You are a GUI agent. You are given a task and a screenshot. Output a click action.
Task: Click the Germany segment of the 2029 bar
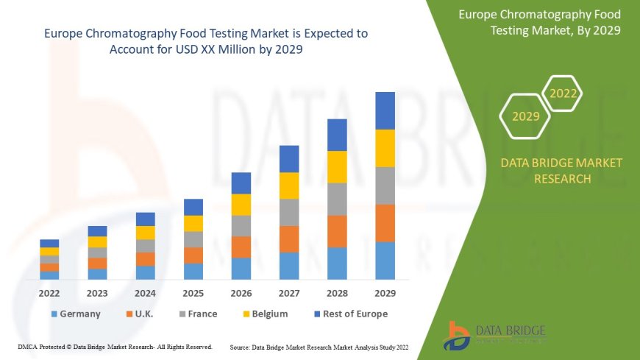[385, 261]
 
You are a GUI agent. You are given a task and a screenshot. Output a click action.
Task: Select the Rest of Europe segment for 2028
[337, 135]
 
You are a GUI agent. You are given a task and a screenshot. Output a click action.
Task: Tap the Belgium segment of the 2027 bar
[289, 186]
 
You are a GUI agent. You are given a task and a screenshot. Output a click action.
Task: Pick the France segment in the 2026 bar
[241, 225]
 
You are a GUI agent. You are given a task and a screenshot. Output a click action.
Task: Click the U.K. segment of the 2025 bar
[193, 255]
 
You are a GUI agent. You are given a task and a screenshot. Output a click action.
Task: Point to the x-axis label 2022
[49, 292]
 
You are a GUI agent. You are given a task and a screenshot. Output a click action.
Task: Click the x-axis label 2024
[146, 292]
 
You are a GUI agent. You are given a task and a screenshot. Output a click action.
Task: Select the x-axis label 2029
[385, 292]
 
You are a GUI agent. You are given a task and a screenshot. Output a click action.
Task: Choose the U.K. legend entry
[139, 314]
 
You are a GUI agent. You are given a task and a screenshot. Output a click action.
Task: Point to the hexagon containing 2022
[563, 93]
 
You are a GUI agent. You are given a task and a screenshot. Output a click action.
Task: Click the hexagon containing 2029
[525, 116]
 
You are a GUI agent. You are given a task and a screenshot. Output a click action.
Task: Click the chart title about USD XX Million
[206, 41]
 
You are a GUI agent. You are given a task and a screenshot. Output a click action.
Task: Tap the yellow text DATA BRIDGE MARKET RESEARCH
[561, 170]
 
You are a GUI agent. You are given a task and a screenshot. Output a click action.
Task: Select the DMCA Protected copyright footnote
[115, 346]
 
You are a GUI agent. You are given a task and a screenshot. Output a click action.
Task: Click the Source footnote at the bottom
[319, 346]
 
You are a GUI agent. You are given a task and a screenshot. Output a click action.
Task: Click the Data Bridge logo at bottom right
[494, 335]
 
